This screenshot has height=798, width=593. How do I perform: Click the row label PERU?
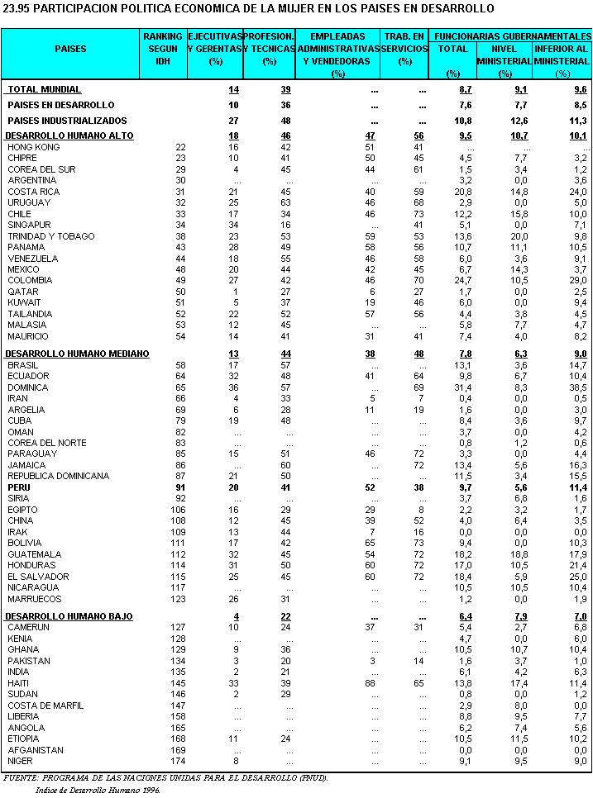coord(19,487)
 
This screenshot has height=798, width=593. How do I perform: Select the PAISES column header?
coord(70,49)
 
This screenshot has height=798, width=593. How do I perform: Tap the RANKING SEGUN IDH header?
coord(162,49)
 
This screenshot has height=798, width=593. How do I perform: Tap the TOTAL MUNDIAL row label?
coord(45,89)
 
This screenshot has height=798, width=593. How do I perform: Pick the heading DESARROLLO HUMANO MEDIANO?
coord(78,354)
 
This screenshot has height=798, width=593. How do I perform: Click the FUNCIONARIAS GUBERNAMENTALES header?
coord(513,37)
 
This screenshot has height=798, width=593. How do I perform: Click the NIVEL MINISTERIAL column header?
coord(504,55)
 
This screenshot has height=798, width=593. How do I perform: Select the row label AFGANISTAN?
coord(35,750)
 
